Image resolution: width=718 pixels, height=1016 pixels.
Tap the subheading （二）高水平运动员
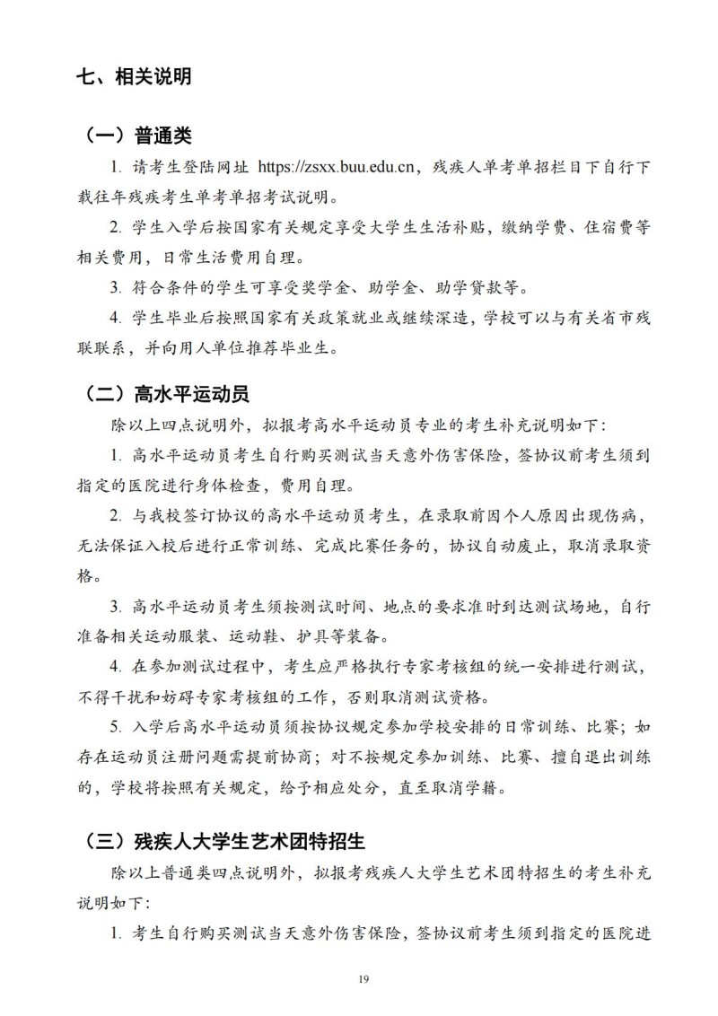point(167,394)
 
